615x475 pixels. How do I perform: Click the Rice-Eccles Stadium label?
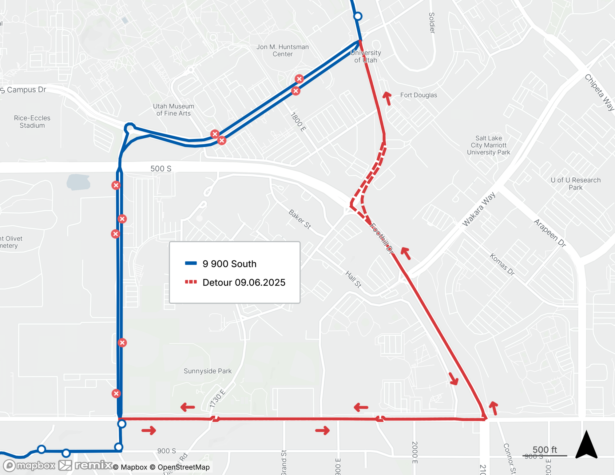tap(32, 122)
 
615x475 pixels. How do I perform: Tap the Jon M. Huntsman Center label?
tap(283, 50)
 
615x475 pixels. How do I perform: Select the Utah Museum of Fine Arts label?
tap(174, 110)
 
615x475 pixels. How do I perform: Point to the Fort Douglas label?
tap(419, 95)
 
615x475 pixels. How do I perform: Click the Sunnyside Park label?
tap(208, 371)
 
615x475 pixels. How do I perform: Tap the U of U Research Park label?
tap(575, 184)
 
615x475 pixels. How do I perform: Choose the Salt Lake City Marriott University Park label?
tap(488, 145)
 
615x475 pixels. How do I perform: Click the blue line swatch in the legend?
tap(191, 263)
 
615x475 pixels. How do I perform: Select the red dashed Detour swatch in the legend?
tap(191, 282)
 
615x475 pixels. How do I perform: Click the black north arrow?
tap(586, 445)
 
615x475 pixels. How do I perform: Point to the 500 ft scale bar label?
tap(545, 450)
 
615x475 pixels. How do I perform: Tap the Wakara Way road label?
tap(479, 209)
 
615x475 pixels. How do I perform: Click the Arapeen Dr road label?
tap(550, 233)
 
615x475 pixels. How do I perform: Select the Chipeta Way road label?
tap(599, 92)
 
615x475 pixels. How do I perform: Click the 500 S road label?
tap(161, 168)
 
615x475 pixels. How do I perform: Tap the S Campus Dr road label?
tap(23, 90)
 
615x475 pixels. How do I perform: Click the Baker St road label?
tap(300, 219)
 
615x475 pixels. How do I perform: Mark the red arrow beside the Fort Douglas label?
tap(387, 98)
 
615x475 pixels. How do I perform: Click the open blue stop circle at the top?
tap(358, 16)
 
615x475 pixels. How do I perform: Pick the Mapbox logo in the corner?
tap(30, 465)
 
